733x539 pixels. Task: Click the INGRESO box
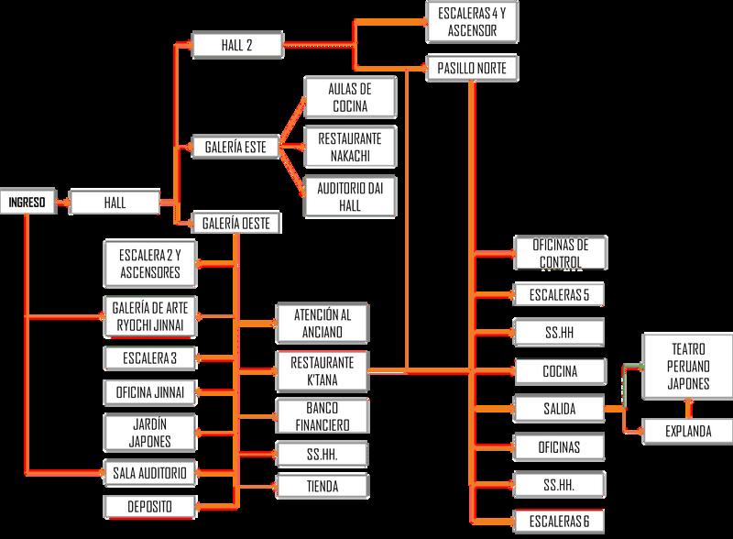click(27, 200)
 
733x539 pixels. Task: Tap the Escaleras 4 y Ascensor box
click(473, 20)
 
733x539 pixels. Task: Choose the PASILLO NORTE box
click(473, 68)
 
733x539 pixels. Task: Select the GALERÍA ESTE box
click(235, 146)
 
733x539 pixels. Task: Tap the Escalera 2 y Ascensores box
click(149, 263)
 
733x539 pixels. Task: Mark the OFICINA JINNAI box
click(149, 393)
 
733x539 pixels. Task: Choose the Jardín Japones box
click(149, 433)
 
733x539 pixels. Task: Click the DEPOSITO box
click(149, 505)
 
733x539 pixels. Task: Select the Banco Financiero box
click(323, 414)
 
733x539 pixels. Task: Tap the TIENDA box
click(323, 486)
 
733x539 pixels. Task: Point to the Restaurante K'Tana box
click(323, 369)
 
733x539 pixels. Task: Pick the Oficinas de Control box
click(559, 254)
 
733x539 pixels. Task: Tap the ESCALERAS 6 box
click(559, 521)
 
